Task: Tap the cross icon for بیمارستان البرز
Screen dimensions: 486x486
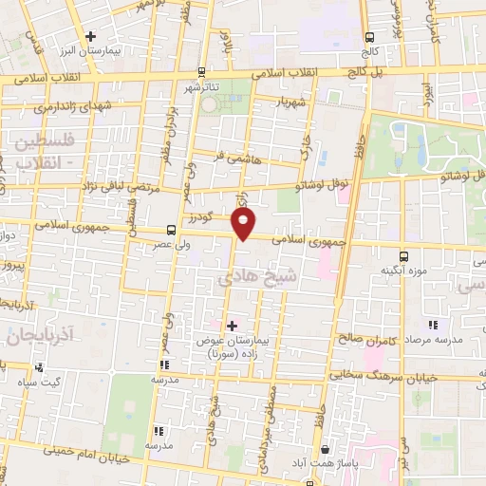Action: (x=89, y=36)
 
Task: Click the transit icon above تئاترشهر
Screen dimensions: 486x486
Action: (x=200, y=72)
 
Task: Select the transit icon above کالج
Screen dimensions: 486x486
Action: (x=368, y=37)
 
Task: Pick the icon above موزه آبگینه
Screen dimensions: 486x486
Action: (x=404, y=256)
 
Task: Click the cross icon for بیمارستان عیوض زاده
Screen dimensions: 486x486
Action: (x=232, y=326)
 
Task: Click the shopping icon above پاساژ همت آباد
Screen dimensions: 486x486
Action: (x=326, y=448)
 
